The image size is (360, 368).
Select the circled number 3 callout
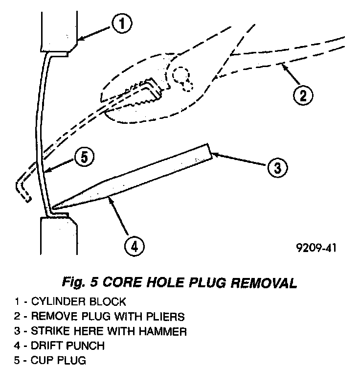point(276,168)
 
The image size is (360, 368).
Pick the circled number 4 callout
point(134,244)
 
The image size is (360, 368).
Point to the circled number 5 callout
point(84,157)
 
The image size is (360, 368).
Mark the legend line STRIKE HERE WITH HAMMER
point(92,331)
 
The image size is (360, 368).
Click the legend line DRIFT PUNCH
point(59,346)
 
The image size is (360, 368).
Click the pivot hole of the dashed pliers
point(182,76)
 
